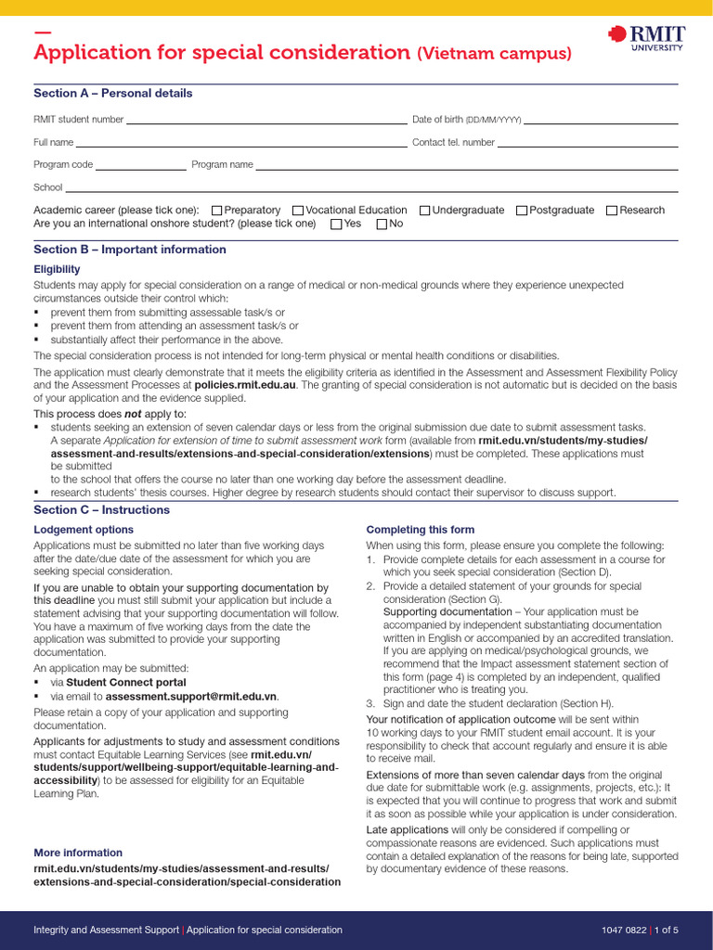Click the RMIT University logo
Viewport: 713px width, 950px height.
(x=646, y=38)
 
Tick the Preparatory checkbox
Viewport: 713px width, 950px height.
(x=216, y=211)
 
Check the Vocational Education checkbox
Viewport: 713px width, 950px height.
(x=298, y=211)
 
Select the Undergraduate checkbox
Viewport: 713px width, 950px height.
(x=424, y=211)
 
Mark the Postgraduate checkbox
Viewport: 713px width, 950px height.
(x=521, y=211)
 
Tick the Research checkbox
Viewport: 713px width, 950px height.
(x=612, y=211)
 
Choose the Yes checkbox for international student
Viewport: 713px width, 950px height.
(x=336, y=225)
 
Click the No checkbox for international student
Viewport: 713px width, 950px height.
(x=382, y=225)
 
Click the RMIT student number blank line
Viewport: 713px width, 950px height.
(x=266, y=121)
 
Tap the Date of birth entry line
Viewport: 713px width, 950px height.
(x=601, y=121)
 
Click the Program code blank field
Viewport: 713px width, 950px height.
(x=140, y=167)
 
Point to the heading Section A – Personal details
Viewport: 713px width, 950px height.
(x=113, y=94)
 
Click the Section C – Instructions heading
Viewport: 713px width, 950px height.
(x=102, y=510)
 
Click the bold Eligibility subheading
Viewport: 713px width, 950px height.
(x=57, y=270)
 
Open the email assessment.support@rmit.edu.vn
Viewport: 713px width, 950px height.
(x=191, y=697)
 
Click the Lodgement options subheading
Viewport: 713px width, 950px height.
(x=84, y=530)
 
